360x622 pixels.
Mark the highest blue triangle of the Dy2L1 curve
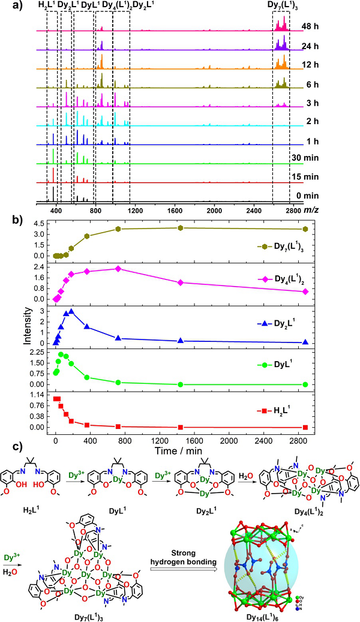[71, 311]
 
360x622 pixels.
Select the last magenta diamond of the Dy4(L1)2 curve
[305, 292]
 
